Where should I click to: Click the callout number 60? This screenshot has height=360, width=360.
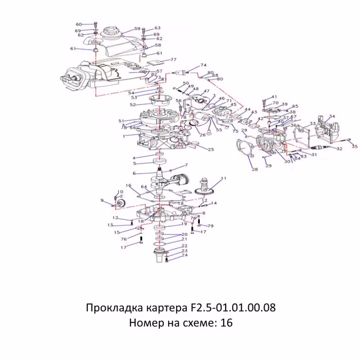78,24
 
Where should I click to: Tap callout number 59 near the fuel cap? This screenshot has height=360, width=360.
137,28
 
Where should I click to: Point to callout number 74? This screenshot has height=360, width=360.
203,65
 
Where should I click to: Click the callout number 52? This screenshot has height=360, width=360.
133,104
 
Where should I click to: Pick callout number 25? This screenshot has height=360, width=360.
211,149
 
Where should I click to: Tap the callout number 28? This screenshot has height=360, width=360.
254,170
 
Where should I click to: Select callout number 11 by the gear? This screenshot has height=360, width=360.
224,179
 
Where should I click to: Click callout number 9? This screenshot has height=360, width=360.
102,200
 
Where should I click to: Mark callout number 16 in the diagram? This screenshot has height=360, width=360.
128,185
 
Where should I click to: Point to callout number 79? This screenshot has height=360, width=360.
210,225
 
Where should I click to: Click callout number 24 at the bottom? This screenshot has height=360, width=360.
184,255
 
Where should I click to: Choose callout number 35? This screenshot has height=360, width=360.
355,146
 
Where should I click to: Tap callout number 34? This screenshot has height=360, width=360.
332,117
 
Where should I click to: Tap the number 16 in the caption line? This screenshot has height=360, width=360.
226,323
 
